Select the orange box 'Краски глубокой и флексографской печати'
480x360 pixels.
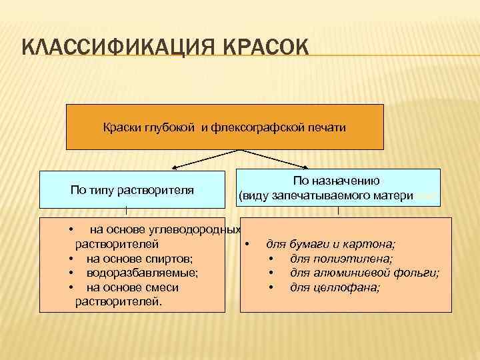(225, 127)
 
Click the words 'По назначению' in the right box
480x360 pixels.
(337, 180)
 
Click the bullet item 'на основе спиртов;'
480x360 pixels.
(140, 258)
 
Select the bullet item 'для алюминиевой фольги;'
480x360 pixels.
(365, 273)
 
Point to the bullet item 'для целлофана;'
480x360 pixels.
(335, 287)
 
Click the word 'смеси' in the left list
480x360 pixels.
(163, 287)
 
